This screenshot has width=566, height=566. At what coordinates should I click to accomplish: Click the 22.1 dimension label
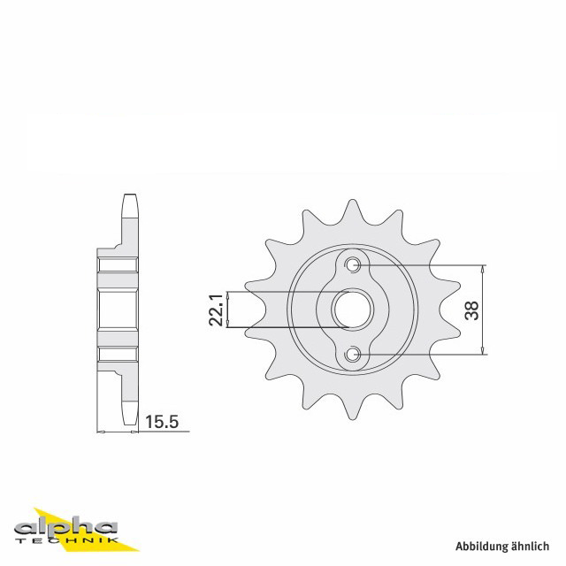[217, 310]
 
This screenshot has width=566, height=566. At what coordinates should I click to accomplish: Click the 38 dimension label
[471, 310]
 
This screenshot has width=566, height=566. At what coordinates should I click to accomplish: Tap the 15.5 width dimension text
[162, 421]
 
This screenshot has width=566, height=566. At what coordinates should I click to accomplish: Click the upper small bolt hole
[352, 264]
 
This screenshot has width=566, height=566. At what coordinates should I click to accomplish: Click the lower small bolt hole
[352, 355]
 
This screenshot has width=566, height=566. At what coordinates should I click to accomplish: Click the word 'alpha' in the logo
[66, 529]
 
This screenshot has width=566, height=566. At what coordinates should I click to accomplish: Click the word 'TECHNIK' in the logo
[67, 540]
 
